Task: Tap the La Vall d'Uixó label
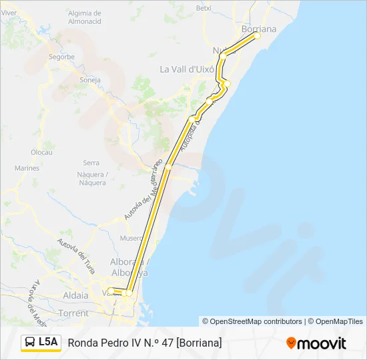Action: tap(186, 69)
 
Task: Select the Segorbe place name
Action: tap(61, 57)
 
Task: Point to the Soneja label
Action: tap(89, 80)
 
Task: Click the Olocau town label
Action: tap(41, 152)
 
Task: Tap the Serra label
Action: tap(91, 163)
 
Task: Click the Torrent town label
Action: tap(73, 313)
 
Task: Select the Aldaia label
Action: tap(75, 295)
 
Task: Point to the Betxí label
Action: tap(203, 8)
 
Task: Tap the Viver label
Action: tap(9, 13)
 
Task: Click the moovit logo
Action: tap(316, 343)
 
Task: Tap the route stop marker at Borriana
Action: tap(256, 36)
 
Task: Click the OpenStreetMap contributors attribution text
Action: tap(252, 321)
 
